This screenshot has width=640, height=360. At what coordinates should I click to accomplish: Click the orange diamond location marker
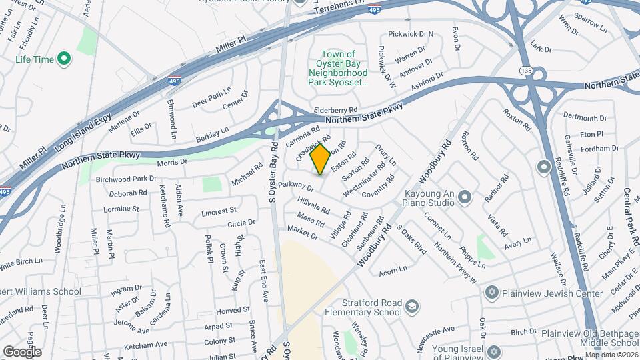(321, 159)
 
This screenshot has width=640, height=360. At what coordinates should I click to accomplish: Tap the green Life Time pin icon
(64, 59)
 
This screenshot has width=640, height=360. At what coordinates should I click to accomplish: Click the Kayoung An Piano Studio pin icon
(465, 197)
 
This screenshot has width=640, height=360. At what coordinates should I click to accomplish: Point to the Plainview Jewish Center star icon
(493, 293)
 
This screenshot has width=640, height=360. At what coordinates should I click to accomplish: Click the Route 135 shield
(526, 70)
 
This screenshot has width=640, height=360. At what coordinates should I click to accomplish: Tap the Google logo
(22, 351)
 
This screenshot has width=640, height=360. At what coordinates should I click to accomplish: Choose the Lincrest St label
(219, 212)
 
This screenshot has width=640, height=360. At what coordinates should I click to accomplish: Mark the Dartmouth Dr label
(585, 117)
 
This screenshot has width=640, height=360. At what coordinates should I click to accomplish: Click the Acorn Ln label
(392, 269)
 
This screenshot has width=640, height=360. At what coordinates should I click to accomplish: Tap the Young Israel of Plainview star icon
(493, 351)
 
